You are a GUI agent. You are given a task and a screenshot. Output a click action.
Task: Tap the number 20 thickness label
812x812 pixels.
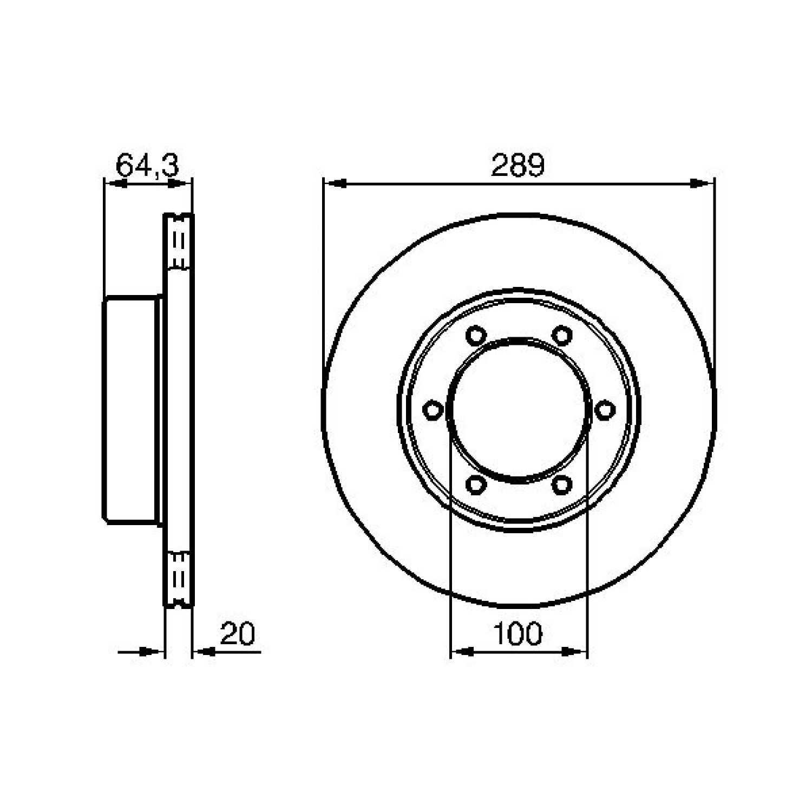238,633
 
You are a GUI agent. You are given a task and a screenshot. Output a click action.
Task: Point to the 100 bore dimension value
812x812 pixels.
518,633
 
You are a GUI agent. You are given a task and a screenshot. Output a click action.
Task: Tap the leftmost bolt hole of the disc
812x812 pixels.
432,410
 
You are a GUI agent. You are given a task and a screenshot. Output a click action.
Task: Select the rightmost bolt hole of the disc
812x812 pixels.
605,410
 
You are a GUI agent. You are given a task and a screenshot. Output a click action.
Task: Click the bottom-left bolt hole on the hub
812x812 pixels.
475,484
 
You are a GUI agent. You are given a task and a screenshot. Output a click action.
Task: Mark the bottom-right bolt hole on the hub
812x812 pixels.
562,484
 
